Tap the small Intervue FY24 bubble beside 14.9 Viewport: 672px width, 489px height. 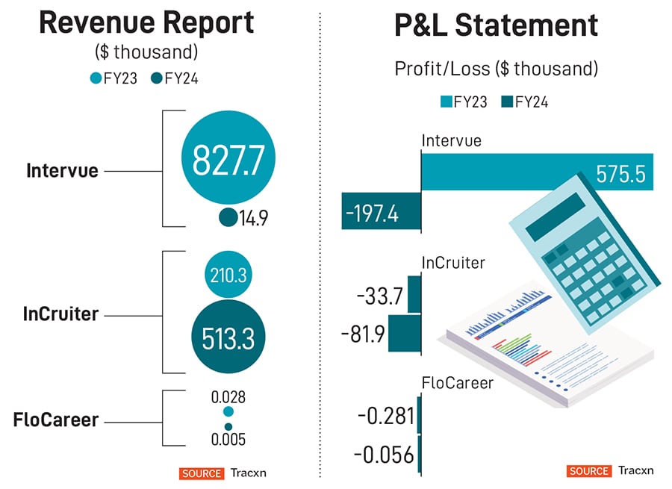228,217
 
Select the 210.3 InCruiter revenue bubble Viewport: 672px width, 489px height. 228,275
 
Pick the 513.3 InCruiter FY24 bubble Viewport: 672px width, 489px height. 228,338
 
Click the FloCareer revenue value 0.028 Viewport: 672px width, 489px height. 228,396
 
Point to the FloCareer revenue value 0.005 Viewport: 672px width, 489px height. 228,439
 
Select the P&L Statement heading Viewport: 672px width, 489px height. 496,25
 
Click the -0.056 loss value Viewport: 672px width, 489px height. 385,454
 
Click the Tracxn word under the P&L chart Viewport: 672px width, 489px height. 635,470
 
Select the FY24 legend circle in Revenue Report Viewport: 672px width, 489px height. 157,78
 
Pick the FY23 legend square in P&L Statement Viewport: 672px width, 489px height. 447,102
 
